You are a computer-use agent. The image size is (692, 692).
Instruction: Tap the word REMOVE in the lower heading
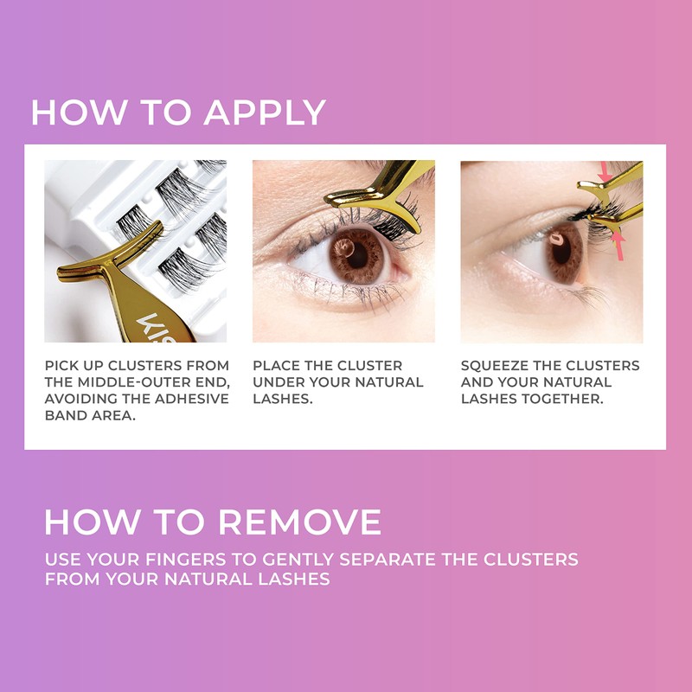(x=298, y=522)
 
